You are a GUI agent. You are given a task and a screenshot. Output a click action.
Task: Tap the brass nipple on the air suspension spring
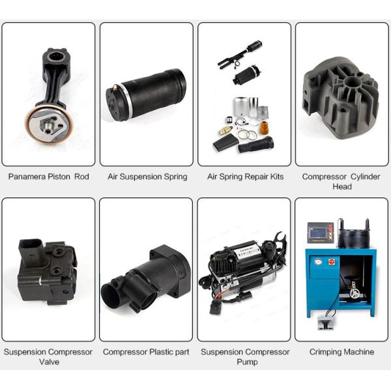(115, 88)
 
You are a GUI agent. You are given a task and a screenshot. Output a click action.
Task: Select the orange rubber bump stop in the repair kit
(264, 128)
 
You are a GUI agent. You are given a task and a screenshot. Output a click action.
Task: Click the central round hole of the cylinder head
(352, 82)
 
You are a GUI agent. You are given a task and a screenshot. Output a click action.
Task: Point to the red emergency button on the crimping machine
(332, 262)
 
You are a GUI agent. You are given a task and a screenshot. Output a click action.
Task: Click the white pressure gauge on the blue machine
(318, 262)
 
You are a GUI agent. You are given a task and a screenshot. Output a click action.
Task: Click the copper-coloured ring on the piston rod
(49, 124)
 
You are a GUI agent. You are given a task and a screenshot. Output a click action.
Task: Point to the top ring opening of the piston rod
(54, 56)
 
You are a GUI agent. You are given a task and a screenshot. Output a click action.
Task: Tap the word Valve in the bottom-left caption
(49, 362)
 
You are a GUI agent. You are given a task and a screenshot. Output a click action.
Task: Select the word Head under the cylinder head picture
(342, 186)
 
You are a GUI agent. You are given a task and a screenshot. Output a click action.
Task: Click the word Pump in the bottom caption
(247, 362)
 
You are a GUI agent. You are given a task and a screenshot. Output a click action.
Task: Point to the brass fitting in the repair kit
(226, 130)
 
